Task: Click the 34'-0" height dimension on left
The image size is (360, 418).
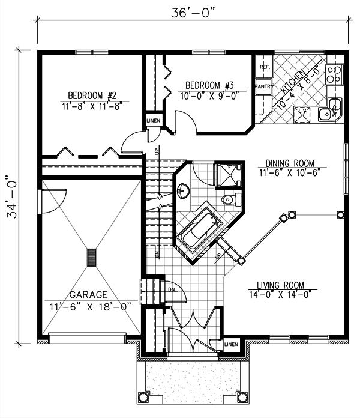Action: (11, 198)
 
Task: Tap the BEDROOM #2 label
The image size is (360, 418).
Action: (91, 95)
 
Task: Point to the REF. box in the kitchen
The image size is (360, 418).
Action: (263, 68)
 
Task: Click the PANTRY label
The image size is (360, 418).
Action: (263, 86)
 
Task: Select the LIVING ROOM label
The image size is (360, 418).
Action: (281, 285)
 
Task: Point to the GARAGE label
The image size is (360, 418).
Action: (88, 295)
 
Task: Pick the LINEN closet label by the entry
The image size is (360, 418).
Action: (232, 345)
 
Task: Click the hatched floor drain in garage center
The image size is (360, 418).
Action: (91, 256)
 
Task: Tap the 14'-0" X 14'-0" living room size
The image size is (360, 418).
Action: (281, 295)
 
